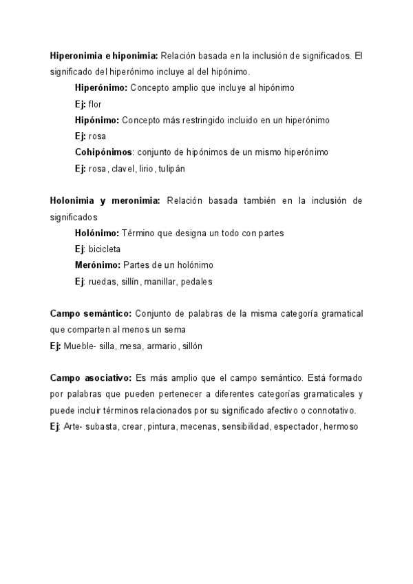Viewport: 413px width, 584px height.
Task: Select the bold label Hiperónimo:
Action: [100, 88]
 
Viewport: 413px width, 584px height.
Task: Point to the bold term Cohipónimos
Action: [103, 152]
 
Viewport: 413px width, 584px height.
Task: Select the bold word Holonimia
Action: [74, 200]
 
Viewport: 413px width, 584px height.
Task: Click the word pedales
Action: [198, 281]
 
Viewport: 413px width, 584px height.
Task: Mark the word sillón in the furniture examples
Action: [191, 346]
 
